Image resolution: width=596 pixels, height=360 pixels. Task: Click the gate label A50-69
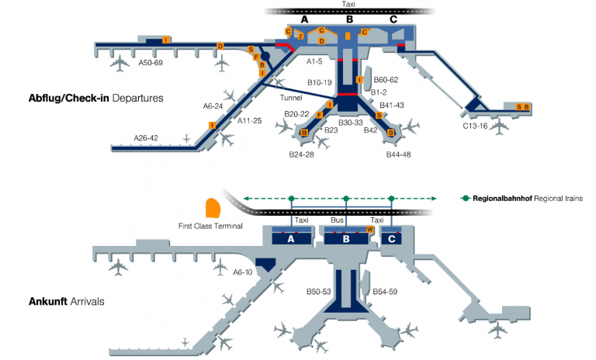coord(151,63)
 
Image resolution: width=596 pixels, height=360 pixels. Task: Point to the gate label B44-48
coord(398,154)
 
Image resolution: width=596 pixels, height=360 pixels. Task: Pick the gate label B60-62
coord(386,79)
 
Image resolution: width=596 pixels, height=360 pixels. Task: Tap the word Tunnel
coord(292,98)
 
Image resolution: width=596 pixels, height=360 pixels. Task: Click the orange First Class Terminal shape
coord(212,208)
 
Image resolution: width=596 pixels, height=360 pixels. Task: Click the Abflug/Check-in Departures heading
coord(95,99)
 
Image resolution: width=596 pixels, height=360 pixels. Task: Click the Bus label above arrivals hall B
coord(337,220)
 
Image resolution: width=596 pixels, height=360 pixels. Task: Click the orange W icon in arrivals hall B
coord(369,230)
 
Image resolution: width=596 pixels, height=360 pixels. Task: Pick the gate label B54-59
coord(385,291)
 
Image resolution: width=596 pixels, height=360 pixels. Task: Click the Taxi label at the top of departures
coord(348,4)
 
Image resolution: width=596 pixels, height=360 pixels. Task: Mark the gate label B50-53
coord(318,292)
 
